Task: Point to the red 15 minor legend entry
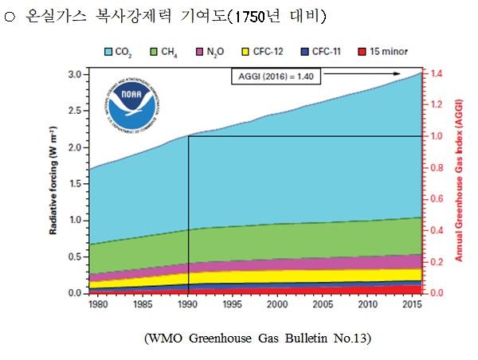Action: click(382, 52)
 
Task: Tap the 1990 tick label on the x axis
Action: click(188, 305)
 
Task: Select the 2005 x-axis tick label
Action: click(323, 305)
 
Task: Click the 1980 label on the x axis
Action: click(99, 305)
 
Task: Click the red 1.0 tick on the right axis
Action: click(436, 136)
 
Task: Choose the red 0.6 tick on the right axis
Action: click(436, 199)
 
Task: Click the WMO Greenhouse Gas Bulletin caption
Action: click(257, 338)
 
